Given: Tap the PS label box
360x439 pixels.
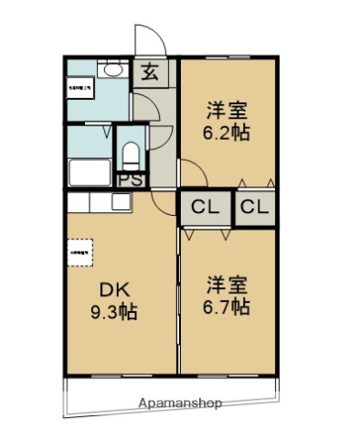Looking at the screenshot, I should pyautogui.click(x=131, y=179).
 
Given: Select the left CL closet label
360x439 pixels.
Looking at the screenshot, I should pyautogui.click(x=205, y=209).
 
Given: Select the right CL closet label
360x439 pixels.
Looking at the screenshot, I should pyautogui.click(x=255, y=209).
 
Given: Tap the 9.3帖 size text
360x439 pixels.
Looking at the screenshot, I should pyautogui.click(x=113, y=312).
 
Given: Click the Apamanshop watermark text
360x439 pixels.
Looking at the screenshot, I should pyautogui.click(x=180, y=402).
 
